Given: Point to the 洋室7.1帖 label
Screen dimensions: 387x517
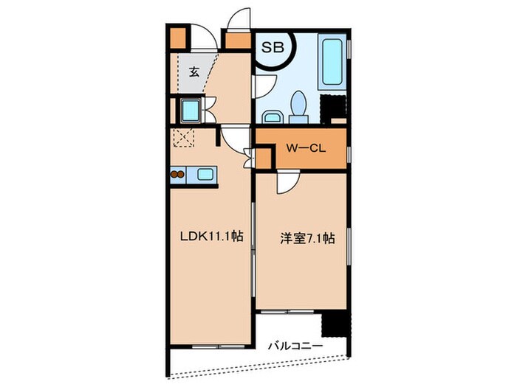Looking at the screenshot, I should pyautogui.click(x=307, y=238).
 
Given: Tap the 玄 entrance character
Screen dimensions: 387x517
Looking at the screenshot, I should pyautogui.click(x=193, y=72).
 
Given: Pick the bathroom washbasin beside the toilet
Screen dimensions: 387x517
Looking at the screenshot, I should pyautogui.click(x=271, y=115).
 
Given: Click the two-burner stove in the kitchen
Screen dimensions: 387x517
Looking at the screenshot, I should pyautogui.click(x=178, y=175).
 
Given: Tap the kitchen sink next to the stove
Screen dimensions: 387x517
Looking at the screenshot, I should pyautogui.click(x=204, y=175).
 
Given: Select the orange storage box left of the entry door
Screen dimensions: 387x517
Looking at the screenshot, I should pyautogui.click(x=177, y=38).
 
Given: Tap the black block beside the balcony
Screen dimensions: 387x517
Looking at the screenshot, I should pyautogui.click(x=333, y=323).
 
